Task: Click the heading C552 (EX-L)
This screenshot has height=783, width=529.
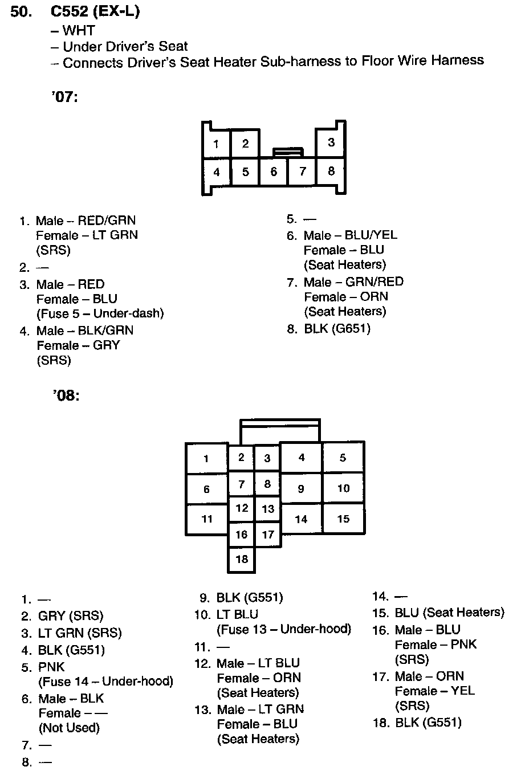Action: (x=95, y=11)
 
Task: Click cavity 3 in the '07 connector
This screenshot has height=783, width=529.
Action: (x=331, y=142)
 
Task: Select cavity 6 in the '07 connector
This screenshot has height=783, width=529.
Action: (x=274, y=172)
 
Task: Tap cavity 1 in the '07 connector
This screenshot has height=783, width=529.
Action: (x=216, y=144)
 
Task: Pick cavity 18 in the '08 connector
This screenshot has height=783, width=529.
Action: (x=242, y=559)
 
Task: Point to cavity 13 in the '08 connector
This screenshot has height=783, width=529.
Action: (x=268, y=509)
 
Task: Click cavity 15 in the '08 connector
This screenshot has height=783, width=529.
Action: (x=343, y=519)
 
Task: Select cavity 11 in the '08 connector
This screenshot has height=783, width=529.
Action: (x=206, y=519)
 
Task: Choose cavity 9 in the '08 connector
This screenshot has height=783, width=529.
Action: (x=301, y=488)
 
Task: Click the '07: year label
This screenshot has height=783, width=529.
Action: (x=64, y=96)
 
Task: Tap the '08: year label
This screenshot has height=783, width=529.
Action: (x=66, y=395)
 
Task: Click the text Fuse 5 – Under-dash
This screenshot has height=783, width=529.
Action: (x=100, y=313)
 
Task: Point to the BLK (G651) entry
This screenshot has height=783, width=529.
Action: (x=337, y=329)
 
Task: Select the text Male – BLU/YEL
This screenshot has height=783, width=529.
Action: (x=351, y=235)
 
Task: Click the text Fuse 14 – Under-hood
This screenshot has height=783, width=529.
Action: (x=105, y=682)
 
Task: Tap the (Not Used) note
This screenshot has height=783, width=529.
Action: (x=69, y=728)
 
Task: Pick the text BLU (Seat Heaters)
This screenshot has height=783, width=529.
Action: (x=449, y=613)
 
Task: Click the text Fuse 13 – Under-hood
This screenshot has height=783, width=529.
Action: (x=284, y=629)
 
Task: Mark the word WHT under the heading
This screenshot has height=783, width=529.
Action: (x=78, y=31)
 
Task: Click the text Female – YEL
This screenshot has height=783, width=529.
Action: (x=434, y=691)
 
